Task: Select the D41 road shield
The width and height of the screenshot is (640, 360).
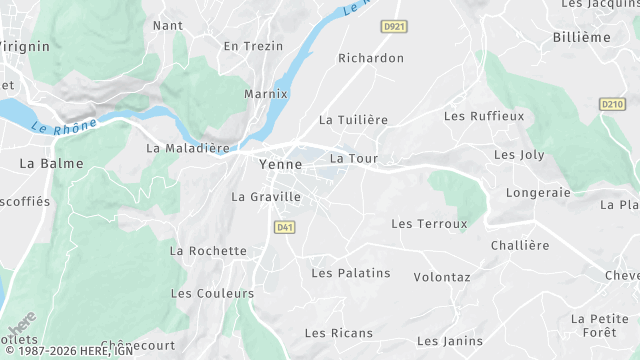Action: (284, 228)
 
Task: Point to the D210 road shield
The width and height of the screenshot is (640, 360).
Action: (613, 104)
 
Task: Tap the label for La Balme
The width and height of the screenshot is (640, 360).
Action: (51, 162)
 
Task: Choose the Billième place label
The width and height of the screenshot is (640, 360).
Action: (581, 37)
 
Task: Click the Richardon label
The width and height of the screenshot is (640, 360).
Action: (371, 58)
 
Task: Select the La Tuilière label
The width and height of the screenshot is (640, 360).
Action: (353, 119)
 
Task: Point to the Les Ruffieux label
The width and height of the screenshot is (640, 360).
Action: (484, 116)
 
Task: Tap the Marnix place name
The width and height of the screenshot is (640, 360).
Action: (266, 94)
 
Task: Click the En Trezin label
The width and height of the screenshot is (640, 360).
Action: (253, 46)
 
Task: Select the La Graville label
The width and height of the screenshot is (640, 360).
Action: (266, 197)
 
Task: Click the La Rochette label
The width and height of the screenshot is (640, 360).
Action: (208, 251)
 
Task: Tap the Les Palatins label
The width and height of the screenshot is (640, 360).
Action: (351, 272)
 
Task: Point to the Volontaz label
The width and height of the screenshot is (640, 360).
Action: (442, 276)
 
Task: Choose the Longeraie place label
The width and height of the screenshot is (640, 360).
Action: (538, 192)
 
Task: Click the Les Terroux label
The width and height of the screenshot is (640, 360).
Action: (429, 224)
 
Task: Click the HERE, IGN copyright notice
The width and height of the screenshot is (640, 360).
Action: (67, 351)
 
